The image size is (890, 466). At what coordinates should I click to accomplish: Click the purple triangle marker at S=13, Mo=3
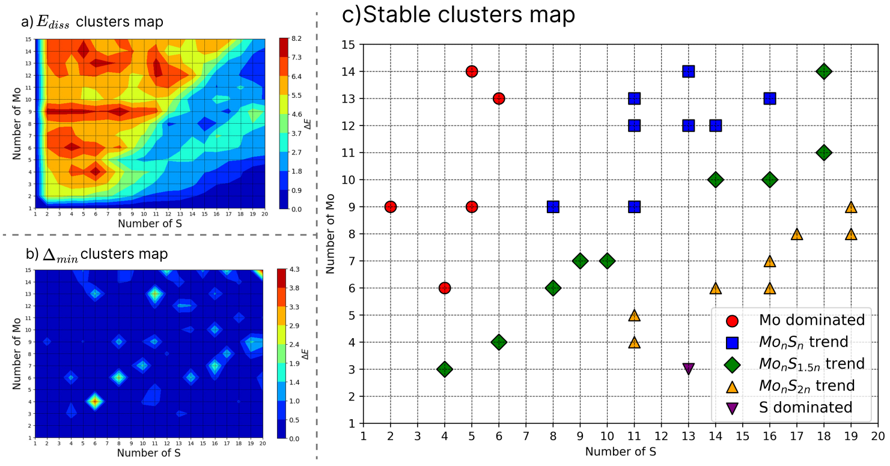(x=689, y=369)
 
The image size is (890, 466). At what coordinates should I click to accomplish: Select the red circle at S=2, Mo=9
(x=391, y=207)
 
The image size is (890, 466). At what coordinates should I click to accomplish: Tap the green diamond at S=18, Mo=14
(x=824, y=71)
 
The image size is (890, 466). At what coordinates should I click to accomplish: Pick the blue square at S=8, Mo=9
(x=553, y=207)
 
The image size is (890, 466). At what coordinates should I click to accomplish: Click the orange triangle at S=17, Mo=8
(x=797, y=234)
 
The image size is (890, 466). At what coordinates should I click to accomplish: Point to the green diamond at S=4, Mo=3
(x=445, y=369)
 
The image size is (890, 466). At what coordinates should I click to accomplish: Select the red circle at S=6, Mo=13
(x=499, y=98)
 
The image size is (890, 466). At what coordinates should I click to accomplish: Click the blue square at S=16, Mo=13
(x=770, y=98)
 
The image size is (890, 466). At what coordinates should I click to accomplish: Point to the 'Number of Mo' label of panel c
(x=330, y=234)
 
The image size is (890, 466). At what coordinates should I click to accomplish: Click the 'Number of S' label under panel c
(x=620, y=450)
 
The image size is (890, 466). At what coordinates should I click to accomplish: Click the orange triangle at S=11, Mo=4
(x=634, y=342)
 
